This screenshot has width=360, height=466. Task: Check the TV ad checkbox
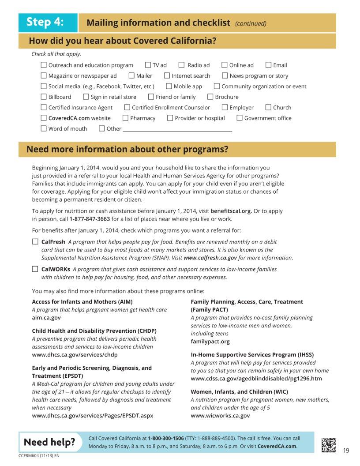[148, 65]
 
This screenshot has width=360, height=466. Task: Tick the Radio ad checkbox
[181, 65]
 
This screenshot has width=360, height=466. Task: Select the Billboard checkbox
[44, 97]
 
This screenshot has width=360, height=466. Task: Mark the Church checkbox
[268, 107]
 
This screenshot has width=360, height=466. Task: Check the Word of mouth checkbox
[44, 128]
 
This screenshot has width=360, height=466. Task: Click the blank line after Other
[177, 129]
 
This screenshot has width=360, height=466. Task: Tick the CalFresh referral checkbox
[35, 242]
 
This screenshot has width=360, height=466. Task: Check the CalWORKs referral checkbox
[35, 269]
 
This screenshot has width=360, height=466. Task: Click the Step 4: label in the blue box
[45, 22]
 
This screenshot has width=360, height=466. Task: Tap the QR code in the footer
[329, 444]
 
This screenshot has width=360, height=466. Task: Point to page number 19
[346, 450]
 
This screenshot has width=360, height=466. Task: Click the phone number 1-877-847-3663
[90, 219]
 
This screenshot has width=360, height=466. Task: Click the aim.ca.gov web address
[46, 317]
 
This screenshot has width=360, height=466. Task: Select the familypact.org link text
[210, 341]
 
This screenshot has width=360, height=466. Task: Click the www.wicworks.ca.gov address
[220, 415]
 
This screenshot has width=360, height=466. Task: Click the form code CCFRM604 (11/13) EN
[39, 455]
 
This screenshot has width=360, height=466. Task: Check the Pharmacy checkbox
[125, 118]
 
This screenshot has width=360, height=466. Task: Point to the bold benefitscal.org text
[231, 211]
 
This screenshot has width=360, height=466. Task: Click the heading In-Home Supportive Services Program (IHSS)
[252, 354]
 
